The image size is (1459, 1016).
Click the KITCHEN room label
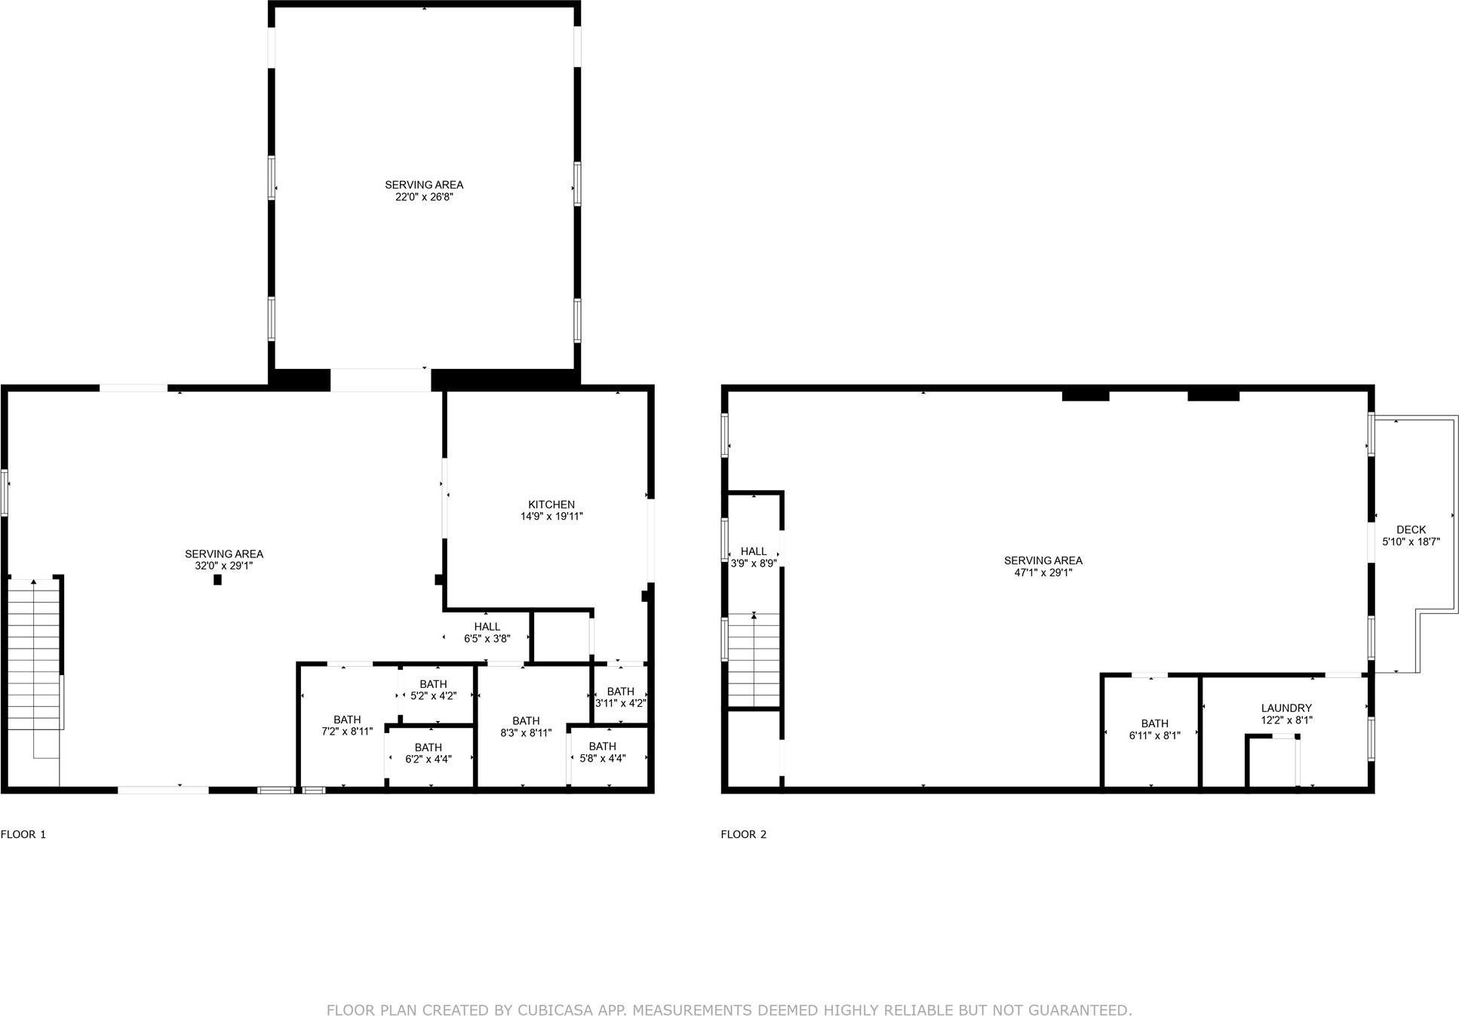551,505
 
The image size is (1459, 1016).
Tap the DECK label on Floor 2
1411,529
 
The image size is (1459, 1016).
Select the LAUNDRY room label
1286,708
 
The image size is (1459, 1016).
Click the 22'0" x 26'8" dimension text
424,197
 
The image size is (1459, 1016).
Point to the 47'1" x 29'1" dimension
1043,572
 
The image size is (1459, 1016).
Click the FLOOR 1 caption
23,834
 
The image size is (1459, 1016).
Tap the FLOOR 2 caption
743,834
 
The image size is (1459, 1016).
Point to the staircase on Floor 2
753,660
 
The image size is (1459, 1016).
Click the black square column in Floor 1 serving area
217,579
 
